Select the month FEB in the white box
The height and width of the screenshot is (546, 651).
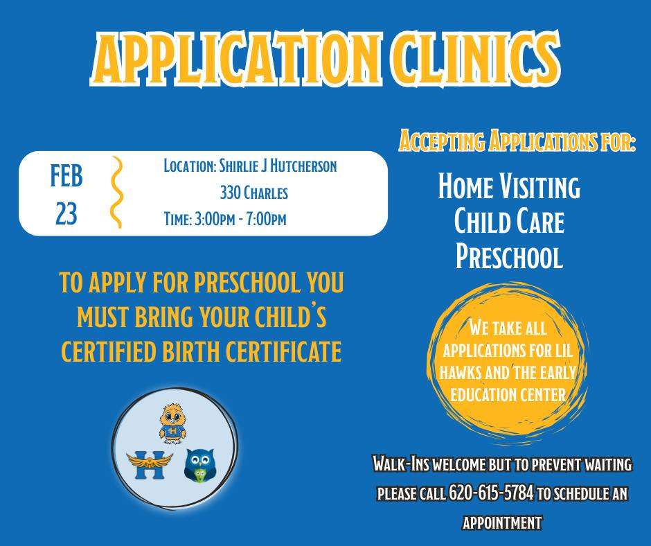point(66,175)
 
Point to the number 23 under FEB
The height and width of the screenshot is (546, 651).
point(66,213)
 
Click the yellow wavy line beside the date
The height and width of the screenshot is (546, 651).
point(117,192)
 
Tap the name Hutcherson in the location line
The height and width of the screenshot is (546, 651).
point(303,166)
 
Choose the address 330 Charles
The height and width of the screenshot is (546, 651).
point(253,193)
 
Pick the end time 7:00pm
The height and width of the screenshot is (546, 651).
point(266,219)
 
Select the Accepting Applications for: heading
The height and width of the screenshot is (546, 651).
point(517,141)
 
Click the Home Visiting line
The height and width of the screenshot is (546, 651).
point(509,186)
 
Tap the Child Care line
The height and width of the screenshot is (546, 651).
point(509,221)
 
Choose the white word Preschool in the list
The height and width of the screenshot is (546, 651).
point(509,256)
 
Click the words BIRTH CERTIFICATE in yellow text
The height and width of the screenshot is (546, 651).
point(251,351)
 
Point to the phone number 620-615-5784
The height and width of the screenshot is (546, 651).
point(491,493)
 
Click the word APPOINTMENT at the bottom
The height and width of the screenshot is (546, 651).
point(502,522)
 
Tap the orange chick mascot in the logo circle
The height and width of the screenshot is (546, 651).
point(172,423)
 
